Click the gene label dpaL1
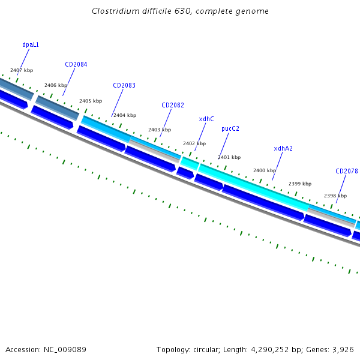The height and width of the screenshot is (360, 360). [31, 44]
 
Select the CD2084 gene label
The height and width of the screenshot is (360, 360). [76, 64]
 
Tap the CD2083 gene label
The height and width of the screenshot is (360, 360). [124, 85]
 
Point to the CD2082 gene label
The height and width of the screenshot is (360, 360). [173, 105]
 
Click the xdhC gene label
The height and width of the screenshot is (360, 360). [206, 119]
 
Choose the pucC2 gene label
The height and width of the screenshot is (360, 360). [230, 128]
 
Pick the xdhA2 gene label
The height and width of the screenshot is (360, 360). [283, 148]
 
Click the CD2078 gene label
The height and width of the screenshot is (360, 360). [347, 171]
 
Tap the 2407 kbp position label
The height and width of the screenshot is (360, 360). [22, 70]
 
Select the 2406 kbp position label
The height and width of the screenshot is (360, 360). [56, 85]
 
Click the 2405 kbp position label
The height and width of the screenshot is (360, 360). [91, 101]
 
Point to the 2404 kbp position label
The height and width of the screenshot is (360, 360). [125, 115]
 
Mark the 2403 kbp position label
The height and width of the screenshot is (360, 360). [160, 130]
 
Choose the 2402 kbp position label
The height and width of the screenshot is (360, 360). [194, 143]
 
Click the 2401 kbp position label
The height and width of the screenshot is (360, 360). [229, 157]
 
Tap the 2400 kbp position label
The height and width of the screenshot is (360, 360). [265, 170]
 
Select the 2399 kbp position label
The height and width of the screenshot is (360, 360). [300, 184]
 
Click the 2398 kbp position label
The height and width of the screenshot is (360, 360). [335, 196]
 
